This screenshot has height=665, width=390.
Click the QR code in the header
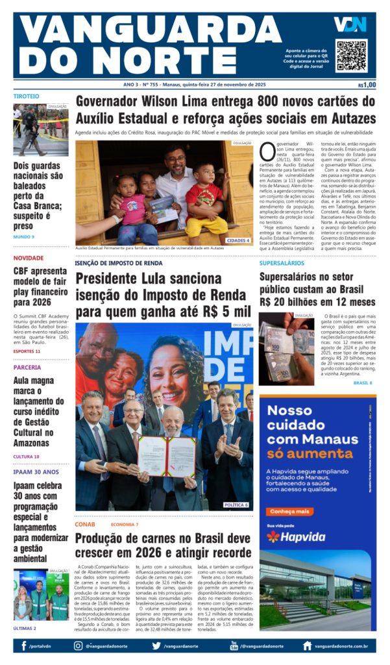pos(351,55)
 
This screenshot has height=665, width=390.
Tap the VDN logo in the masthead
pos(350,25)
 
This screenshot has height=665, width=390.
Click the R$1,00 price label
pos(367,84)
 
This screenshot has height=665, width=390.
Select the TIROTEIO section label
pos(27,96)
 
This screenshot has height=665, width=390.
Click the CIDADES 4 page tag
pos(238,240)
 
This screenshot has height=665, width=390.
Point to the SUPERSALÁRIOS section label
pos(282,263)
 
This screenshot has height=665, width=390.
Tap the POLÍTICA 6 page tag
pos(236,505)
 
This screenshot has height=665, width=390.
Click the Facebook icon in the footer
pos(24,646)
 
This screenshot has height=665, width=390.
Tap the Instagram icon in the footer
pos(79,646)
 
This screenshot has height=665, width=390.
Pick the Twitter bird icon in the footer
pos(156,646)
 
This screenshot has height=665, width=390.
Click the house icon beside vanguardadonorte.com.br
pos(307,646)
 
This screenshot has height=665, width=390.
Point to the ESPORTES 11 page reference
pos(27,351)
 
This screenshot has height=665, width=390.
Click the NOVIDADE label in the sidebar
pos(29,258)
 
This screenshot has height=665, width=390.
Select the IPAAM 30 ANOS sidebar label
pos(36,472)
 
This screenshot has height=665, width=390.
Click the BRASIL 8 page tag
pos(362,383)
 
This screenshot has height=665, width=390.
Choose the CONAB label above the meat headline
pos(85,524)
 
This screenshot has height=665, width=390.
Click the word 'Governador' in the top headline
pos(112,102)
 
